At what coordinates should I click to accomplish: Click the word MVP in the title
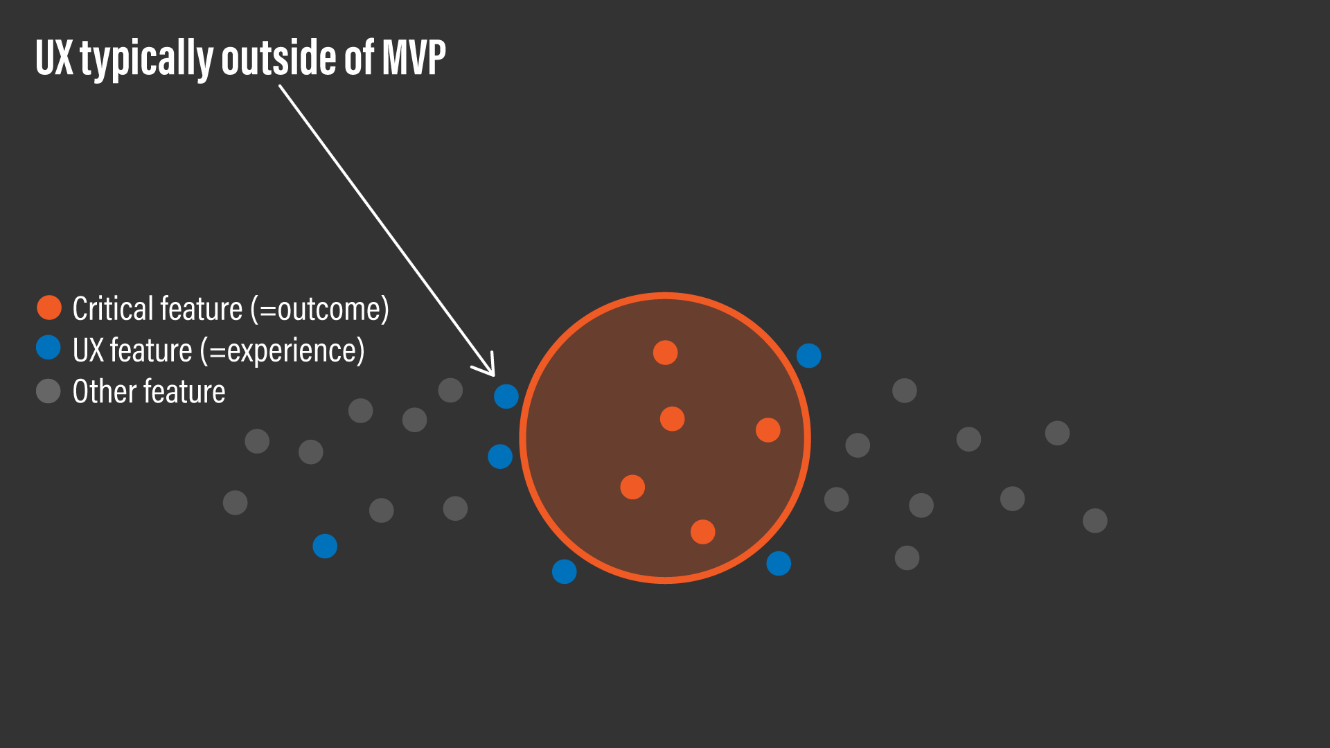pos(414,57)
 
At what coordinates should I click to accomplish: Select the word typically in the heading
pos(146,59)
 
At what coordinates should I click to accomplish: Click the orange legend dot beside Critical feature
pos(49,308)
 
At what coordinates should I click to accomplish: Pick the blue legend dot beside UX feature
pos(48,348)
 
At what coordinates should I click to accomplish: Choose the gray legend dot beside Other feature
pos(48,391)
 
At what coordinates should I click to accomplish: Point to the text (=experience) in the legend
pos(282,350)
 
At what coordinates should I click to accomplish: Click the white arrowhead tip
pos(494,375)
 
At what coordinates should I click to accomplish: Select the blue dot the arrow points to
pos(506,396)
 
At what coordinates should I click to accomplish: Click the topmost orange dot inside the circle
pos(665,353)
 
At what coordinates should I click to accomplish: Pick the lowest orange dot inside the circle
pos(702,532)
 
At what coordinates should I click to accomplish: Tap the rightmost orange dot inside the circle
pos(768,430)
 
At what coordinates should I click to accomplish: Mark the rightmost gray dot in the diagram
pos(1094,520)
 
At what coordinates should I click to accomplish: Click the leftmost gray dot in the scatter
pos(235,502)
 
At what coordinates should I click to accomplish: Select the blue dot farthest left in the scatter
pos(325,546)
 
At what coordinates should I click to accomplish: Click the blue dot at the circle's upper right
pos(808,356)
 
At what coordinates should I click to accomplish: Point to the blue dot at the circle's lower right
pos(779,563)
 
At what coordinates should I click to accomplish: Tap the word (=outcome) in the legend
pos(319,309)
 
